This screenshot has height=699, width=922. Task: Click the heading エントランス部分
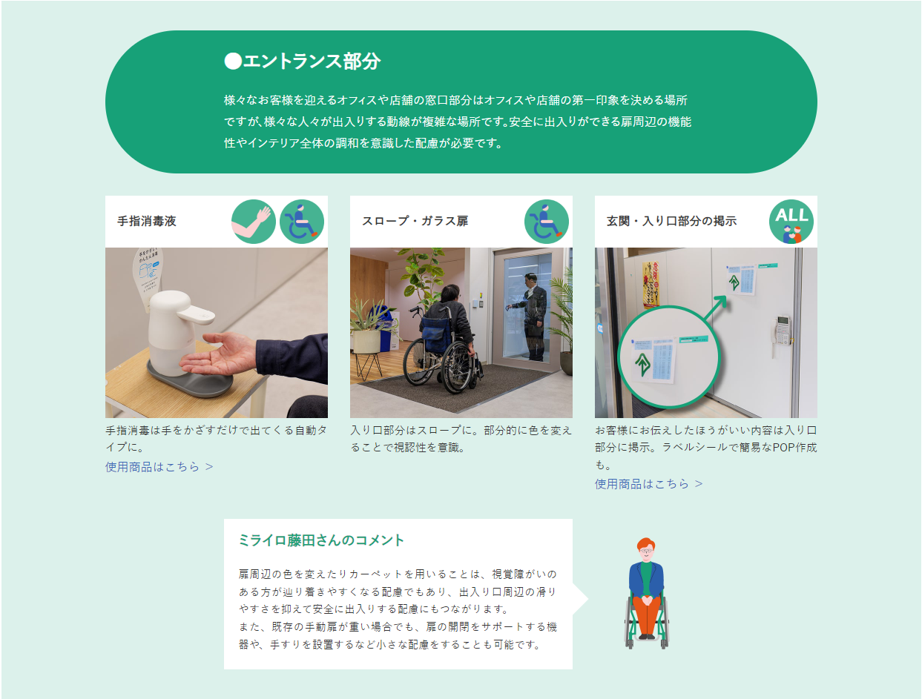point(312,62)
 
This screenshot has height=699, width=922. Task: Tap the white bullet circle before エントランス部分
point(233,62)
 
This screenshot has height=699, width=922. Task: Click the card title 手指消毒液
point(147,221)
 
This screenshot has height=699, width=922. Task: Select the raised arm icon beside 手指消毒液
point(253,222)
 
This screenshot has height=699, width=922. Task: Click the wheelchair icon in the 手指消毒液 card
point(302,222)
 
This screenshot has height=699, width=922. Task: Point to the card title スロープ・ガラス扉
point(415,221)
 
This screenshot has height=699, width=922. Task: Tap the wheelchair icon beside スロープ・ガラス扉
point(547,222)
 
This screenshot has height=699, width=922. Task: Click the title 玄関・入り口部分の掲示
point(671,221)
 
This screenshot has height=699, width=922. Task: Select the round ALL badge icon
point(791,222)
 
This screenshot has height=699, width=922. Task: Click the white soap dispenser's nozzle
point(197,314)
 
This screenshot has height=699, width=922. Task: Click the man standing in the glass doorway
point(530,317)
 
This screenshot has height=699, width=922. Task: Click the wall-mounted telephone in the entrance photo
point(782,332)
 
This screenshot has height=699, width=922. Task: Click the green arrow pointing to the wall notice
point(715,308)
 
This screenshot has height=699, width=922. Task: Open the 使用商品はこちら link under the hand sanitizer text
point(159,466)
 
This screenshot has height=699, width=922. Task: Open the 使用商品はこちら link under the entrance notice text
point(648,484)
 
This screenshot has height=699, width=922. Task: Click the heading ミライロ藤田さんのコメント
point(321,540)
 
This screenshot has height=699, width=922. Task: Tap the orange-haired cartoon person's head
point(646,549)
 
